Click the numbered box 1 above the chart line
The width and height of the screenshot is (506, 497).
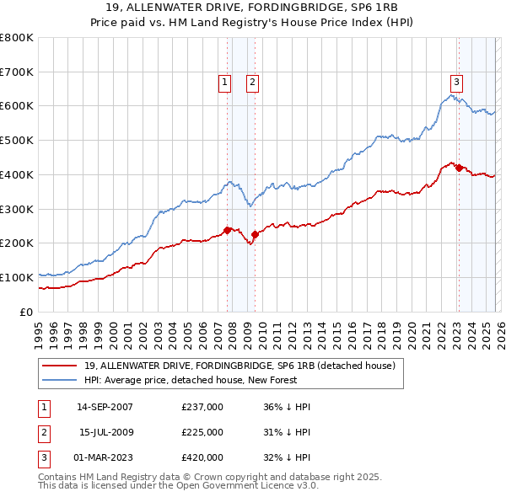(225, 82)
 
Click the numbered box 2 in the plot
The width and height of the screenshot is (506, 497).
(252, 82)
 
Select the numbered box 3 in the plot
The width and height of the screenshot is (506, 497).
(456, 82)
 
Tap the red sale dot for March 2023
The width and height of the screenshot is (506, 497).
(459, 168)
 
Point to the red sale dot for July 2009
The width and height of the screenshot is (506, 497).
(255, 234)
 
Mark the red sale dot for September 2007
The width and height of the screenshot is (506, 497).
(228, 230)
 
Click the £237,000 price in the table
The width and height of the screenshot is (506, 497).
(202, 407)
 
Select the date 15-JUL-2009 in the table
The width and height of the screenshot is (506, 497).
(105, 432)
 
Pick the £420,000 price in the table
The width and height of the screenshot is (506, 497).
(202, 457)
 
